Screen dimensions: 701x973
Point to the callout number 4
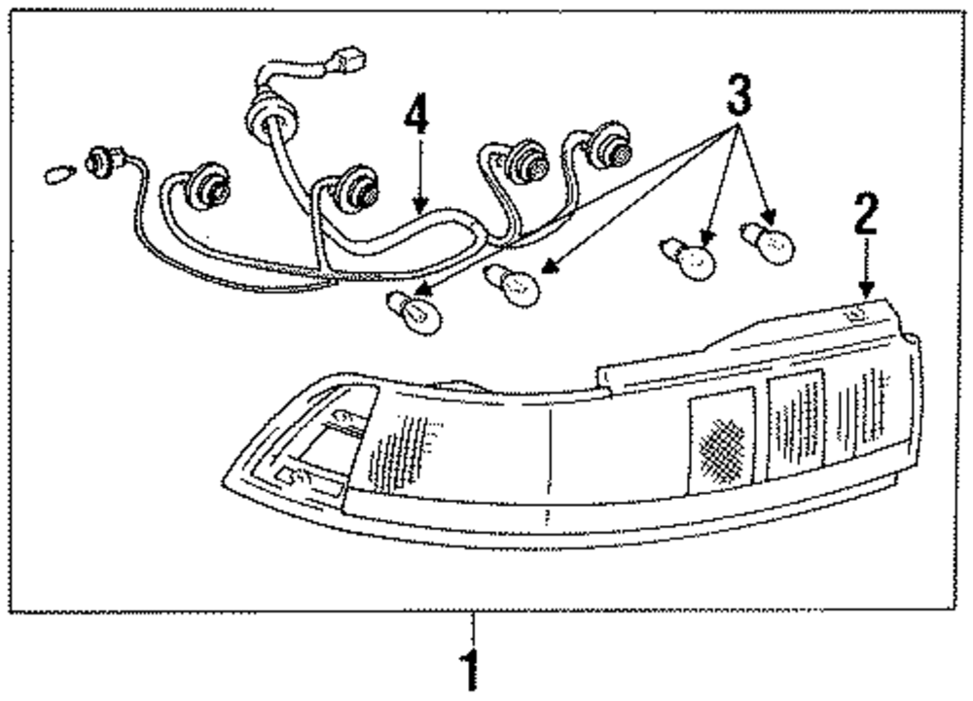pos(415,118)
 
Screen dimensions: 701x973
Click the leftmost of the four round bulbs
pos(414,311)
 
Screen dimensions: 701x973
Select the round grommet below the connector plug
pos(271,122)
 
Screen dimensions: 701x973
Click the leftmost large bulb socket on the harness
pos(207,184)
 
